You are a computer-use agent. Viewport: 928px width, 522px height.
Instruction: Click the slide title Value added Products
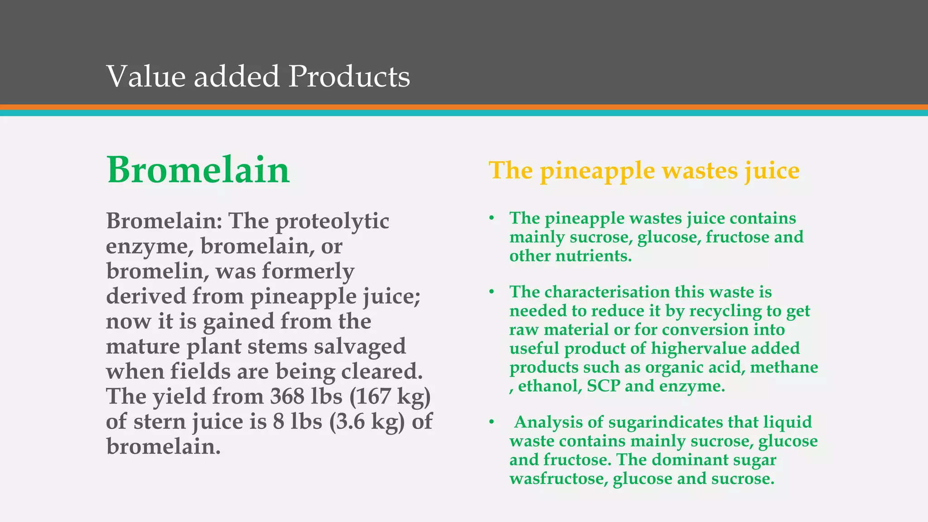[x=258, y=76]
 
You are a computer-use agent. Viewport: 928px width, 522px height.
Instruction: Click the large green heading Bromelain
[x=198, y=170]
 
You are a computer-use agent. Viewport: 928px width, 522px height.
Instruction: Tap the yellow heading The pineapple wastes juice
[x=644, y=171]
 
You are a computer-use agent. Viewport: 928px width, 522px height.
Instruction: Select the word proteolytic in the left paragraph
[x=332, y=221]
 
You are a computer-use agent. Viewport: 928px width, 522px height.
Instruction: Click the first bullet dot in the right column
[x=491, y=218]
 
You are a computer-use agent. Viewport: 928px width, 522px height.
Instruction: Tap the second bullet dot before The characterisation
[x=491, y=292]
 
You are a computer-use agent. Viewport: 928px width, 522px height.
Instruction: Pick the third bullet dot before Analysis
[x=491, y=422]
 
